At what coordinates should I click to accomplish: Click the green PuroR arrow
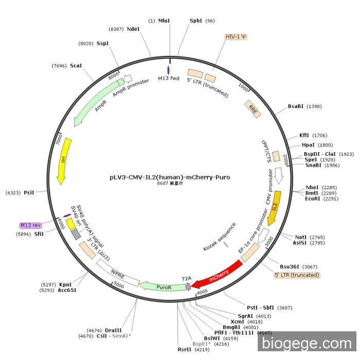[162, 285]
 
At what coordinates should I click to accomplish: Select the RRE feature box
[253, 109]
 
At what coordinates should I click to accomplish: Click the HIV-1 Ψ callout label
[236, 37]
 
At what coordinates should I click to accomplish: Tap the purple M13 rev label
[30, 225]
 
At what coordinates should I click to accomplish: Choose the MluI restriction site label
[164, 21]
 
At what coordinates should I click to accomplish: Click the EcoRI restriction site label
[313, 199]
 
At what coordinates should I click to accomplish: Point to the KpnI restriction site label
[65, 284]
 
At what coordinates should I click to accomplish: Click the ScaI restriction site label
[76, 66]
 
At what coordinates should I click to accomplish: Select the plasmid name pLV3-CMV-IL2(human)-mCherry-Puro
[170, 177]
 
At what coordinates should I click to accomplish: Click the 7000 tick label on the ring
[59, 138]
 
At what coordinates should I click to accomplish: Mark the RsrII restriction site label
[184, 349]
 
